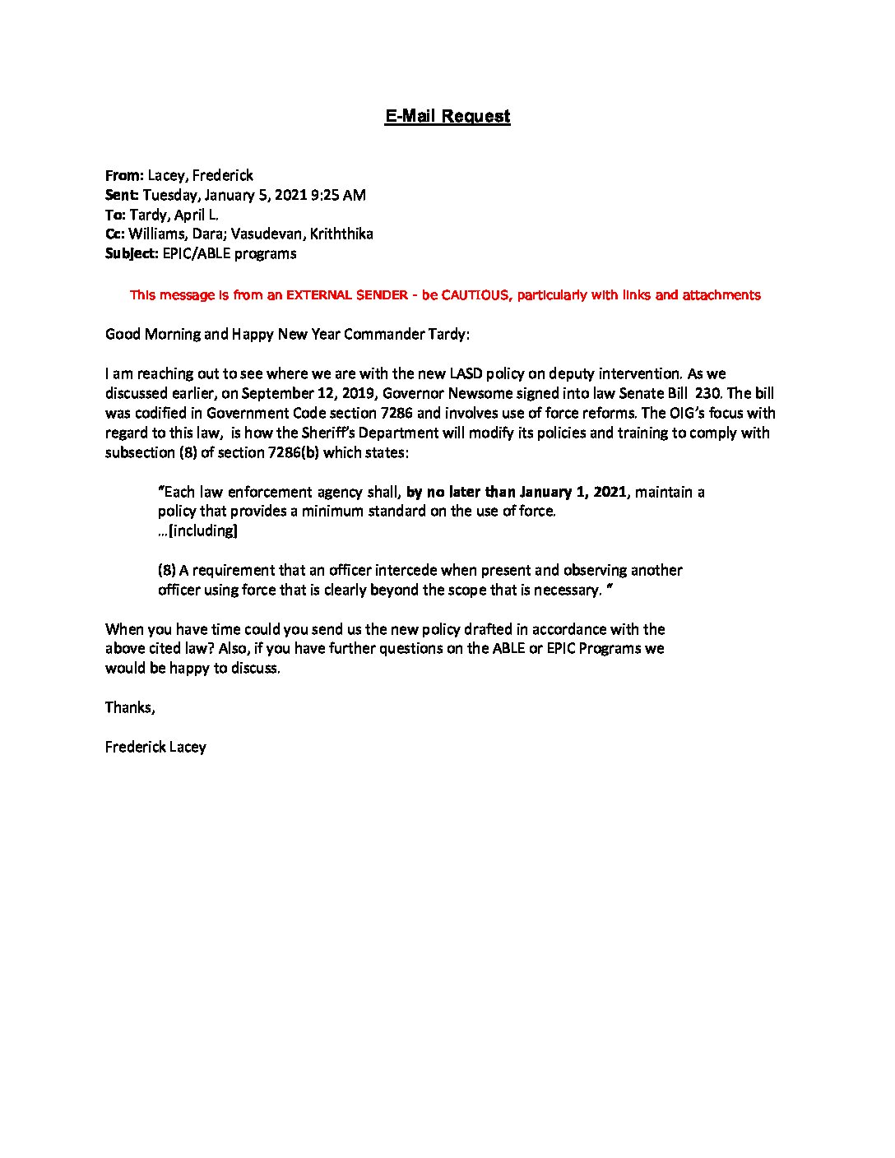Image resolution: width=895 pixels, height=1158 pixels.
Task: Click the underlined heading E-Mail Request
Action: tap(447, 116)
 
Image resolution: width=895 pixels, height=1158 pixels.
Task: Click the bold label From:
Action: tap(125, 175)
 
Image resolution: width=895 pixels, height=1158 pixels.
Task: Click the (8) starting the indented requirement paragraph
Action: tap(167, 570)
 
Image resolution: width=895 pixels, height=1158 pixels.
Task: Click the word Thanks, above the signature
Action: tap(130, 707)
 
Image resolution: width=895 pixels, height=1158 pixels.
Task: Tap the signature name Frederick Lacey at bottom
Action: tap(155, 747)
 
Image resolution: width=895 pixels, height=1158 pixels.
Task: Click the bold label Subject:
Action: tap(132, 253)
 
